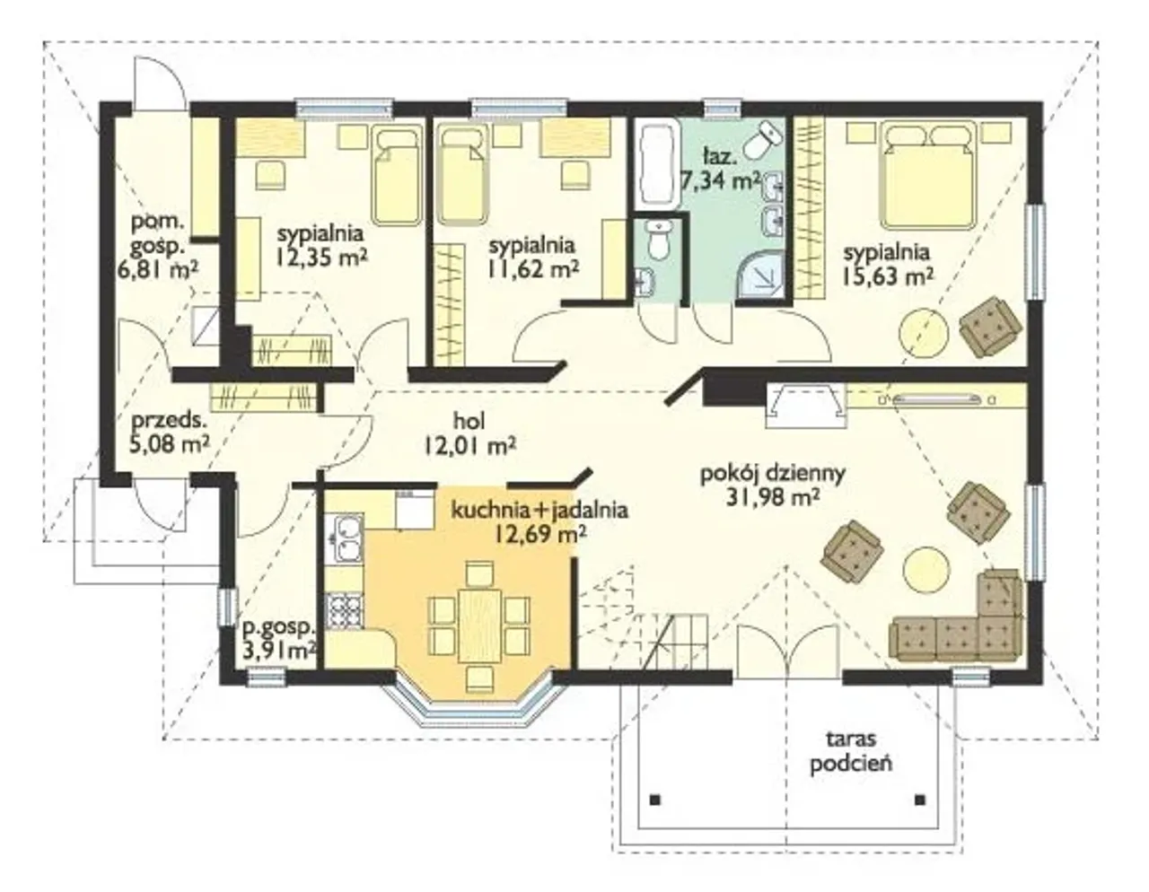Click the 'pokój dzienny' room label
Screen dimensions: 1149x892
[773, 473]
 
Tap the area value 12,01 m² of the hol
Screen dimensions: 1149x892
[469, 447]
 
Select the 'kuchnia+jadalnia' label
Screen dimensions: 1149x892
[539, 511]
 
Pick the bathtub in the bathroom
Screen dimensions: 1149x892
[658, 164]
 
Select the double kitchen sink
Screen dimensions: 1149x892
[345, 538]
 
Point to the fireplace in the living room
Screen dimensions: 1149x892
[806, 406]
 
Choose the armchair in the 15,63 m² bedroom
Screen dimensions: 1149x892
[990, 326]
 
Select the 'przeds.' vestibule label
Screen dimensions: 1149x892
[167, 421]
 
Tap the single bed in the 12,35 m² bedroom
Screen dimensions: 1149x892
[399, 176]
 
